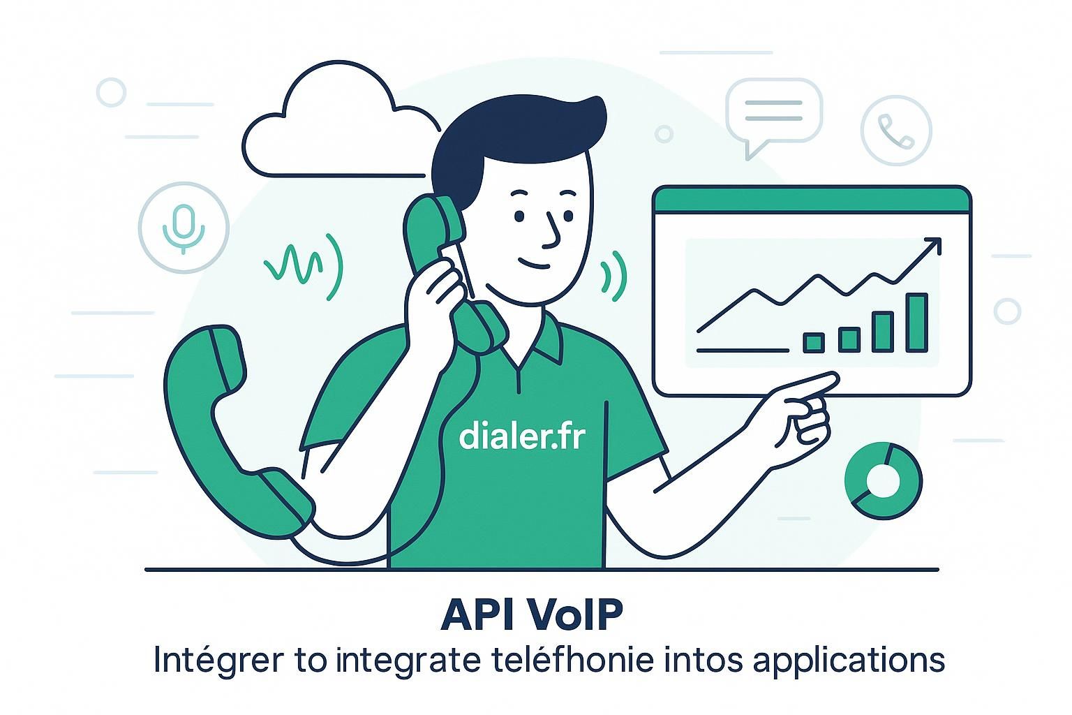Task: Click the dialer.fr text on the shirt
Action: click(x=521, y=436)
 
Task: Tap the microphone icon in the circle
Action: click(x=184, y=226)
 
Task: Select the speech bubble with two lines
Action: click(x=773, y=112)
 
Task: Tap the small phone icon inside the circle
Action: click(x=896, y=131)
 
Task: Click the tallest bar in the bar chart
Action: click(x=916, y=323)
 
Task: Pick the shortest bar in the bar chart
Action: click(x=814, y=342)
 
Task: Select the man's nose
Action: click(x=551, y=230)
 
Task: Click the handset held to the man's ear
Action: click(x=454, y=265)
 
